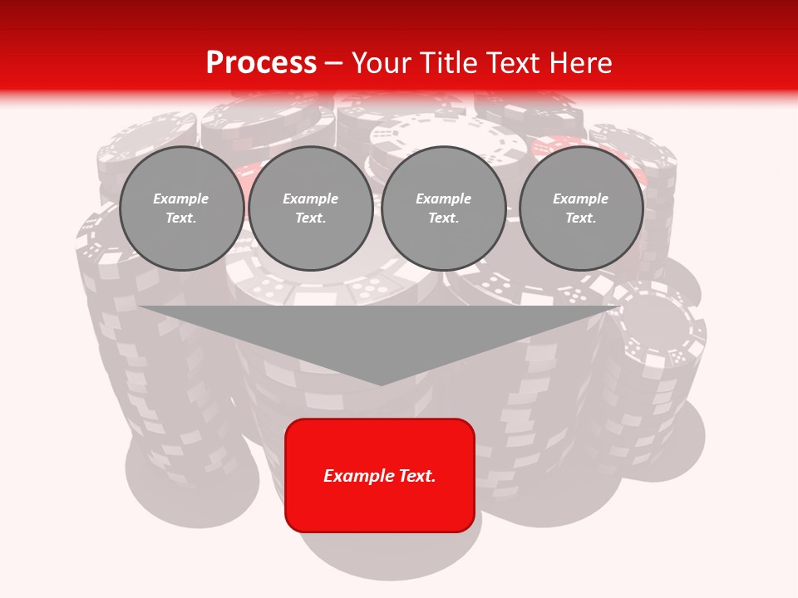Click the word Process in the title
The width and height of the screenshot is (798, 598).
point(261,63)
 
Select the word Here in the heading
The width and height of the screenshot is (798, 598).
point(579,63)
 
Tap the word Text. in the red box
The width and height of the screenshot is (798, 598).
point(417,476)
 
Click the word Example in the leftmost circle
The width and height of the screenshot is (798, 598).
point(181,199)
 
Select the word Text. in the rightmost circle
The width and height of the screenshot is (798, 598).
point(580,218)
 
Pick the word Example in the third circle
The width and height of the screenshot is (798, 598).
point(443,199)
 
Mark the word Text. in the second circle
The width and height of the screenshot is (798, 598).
point(310,218)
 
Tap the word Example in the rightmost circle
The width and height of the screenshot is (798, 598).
point(580,199)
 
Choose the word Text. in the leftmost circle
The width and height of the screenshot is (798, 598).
point(181,218)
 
